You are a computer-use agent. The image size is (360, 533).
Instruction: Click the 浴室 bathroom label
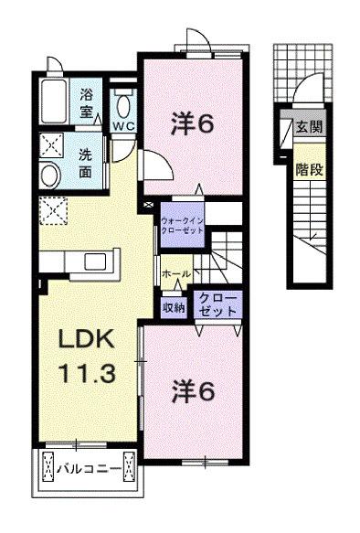pyautogui.click(x=88, y=101)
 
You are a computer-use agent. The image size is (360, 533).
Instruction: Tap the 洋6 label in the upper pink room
pyautogui.click(x=194, y=123)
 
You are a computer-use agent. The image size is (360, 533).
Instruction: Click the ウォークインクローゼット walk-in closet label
pyautogui.click(x=183, y=227)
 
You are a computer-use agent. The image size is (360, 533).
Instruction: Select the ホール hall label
pyautogui.click(x=175, y=274)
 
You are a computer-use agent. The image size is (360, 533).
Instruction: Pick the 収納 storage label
pyautogui.click(x=174, y=308)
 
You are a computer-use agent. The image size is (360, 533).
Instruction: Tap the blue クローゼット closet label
pyautogui.click(x=217, y=305)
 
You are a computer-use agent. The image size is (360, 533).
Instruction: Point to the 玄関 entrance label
pyautogui.click(x=308, y=127)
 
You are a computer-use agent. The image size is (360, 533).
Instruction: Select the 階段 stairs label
pyautogui.click(x=308, y=168)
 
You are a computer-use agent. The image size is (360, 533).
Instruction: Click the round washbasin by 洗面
pyautogui.click(x=51, y=176)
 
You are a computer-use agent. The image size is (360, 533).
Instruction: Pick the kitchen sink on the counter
pyautogui.click(x=95, y=262)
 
